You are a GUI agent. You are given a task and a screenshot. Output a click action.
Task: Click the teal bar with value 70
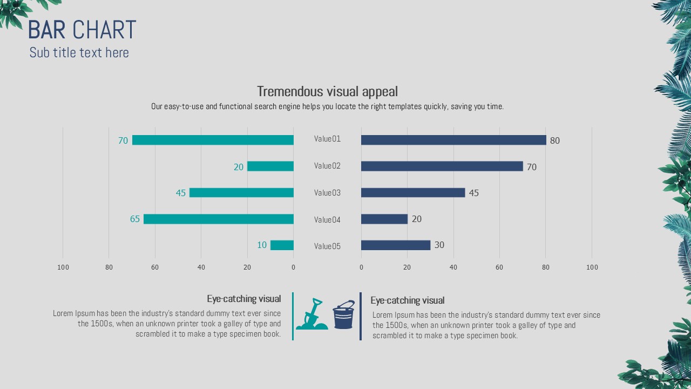click(213, 140)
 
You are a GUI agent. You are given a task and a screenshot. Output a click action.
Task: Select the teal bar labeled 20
click(270, 166)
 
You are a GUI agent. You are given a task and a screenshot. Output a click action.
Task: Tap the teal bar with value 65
click(218, 219)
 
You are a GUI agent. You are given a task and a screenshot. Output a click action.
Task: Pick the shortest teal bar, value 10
click(282, 245)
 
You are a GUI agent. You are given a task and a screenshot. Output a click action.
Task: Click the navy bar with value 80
click(453, 140)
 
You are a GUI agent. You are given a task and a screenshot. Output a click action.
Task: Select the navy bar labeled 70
click(442, 166)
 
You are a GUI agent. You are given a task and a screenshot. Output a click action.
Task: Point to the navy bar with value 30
click(395, 245)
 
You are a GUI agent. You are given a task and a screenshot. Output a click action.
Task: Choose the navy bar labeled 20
click(384, 219)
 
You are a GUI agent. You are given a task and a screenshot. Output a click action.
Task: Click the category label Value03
click(327, 193)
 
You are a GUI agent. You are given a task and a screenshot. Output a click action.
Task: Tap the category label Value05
click(327, 246)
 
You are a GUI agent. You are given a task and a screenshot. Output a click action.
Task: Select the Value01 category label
click(327, 139)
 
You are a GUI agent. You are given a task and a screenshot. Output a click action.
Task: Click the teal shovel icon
click(311, 314)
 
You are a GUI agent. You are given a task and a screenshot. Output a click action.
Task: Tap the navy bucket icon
click(343, 315)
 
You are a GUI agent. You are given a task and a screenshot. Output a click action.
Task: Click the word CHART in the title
click(104, 30)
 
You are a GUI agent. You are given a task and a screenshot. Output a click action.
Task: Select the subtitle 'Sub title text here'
click(79, 52)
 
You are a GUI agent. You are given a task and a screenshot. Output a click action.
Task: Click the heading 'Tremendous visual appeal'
click(327, 91)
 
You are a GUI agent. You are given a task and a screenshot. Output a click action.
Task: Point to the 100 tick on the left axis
click(63, 267)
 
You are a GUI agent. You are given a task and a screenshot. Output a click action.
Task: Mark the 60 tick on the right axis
click(499, 267)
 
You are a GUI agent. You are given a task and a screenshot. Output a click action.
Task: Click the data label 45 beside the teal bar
click(181, 193)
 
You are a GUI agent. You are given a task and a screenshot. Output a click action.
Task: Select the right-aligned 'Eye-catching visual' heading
click(244, 299)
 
